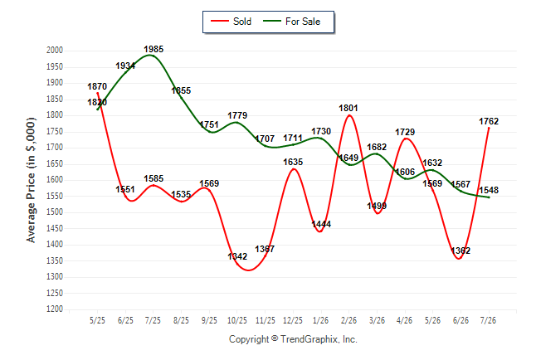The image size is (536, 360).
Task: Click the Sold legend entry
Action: click(231, 22)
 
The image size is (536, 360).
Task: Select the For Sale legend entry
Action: click(291, 22)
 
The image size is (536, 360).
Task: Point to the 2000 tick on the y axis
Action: click(55, 51)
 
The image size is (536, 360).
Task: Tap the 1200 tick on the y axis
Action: click(55, 309)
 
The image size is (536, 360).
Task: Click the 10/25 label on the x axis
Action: click(237, 320)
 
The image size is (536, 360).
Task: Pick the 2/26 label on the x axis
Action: click(348, 320)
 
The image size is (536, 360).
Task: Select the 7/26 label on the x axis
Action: click(488, 320)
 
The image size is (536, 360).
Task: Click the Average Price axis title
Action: click(31, 180)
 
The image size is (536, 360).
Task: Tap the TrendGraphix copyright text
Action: click(293, 339)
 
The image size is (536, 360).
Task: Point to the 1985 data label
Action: click(153, 49)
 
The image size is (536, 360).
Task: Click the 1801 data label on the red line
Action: click(348, 108)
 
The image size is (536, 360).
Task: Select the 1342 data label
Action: click(237, 256)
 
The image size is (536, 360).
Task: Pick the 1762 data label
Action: click(489, 121)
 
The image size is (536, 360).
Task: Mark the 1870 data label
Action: click(97, 86)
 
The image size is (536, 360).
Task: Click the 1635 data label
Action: click(293, 162)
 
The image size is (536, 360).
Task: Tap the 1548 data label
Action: click(489, 190)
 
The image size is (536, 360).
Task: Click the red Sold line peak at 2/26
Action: click(349, 115)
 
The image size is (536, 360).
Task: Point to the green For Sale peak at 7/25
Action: click(149, 55)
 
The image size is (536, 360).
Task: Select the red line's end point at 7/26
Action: click(489, 129)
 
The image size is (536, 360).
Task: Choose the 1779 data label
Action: click(237, 115)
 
